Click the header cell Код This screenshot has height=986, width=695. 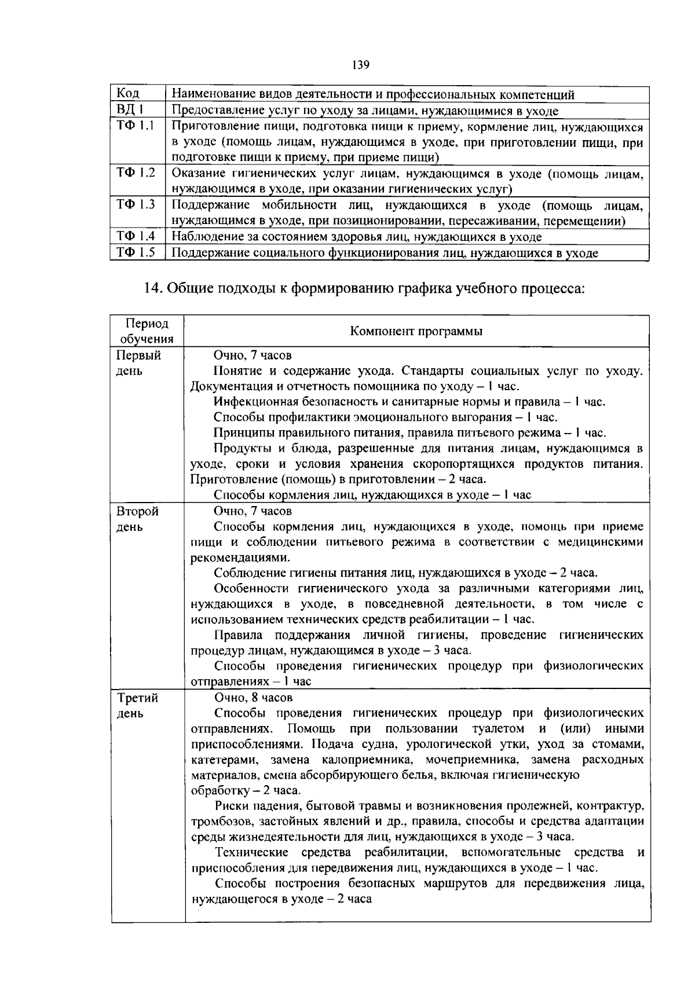pyautogui.click(x=128, y=94)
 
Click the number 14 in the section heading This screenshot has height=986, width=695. pyautogui.click(x=151, y=288)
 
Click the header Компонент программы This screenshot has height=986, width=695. pyautogui.click(x=416, y=331)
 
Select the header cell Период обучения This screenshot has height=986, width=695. pyautogui.click(x=147, y=331)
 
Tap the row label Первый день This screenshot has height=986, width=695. pyautogui.click(x=138, y=362)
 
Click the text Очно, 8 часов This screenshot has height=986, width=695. pyautogui.click(x=253, y=697)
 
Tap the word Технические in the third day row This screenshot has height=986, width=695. pyautogui.click(x=251, y=852)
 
